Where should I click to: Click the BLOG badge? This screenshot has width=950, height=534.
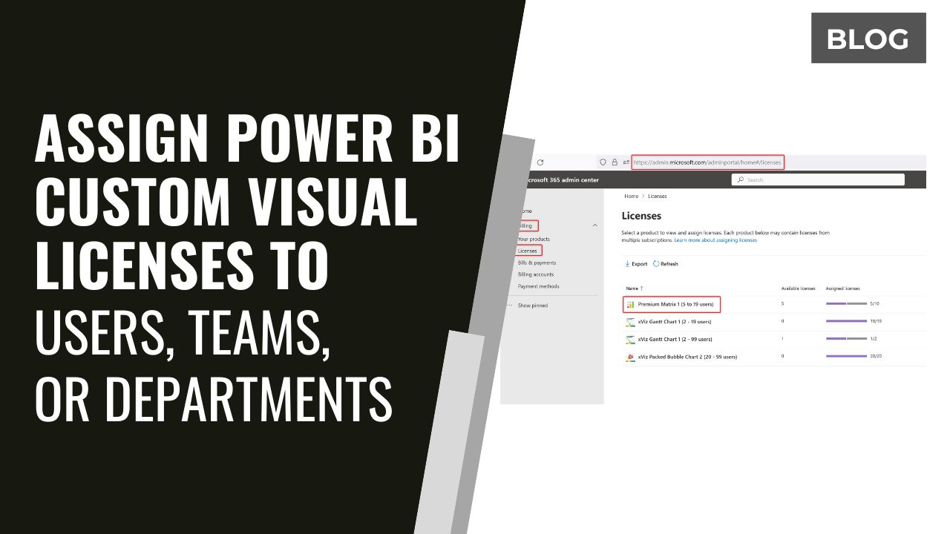[x=868, y=39]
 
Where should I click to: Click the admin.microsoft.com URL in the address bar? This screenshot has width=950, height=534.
[x=707, y=162]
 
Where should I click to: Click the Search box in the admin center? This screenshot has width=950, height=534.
[x=817, y=179]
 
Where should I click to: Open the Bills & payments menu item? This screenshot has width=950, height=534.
[x=537, y=263]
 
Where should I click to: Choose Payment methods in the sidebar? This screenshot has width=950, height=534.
[x=538, y=286]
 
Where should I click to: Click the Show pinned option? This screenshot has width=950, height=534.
[x=532, y=306]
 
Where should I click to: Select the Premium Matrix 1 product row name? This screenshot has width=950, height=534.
[x=675, y=304]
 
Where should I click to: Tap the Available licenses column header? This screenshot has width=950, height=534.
[x=798, y=289]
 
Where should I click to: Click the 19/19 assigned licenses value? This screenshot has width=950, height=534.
[x=876, y=321]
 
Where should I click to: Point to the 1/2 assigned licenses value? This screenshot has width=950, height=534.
[x=874, y=339]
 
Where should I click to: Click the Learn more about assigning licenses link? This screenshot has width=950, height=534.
[x=715, y=240]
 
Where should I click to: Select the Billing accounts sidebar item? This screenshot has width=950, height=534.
[x=536, y=274]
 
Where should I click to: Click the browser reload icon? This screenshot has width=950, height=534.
[x=540, y=162]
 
